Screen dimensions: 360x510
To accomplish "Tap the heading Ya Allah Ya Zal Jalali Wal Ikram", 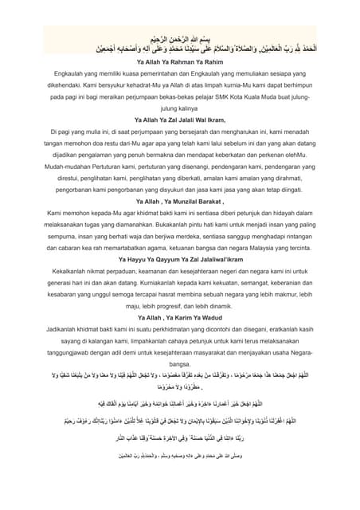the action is pyautogui.click(x=179, y=118).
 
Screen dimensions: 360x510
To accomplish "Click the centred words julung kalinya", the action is pyautogui.click(x=179, y=106).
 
